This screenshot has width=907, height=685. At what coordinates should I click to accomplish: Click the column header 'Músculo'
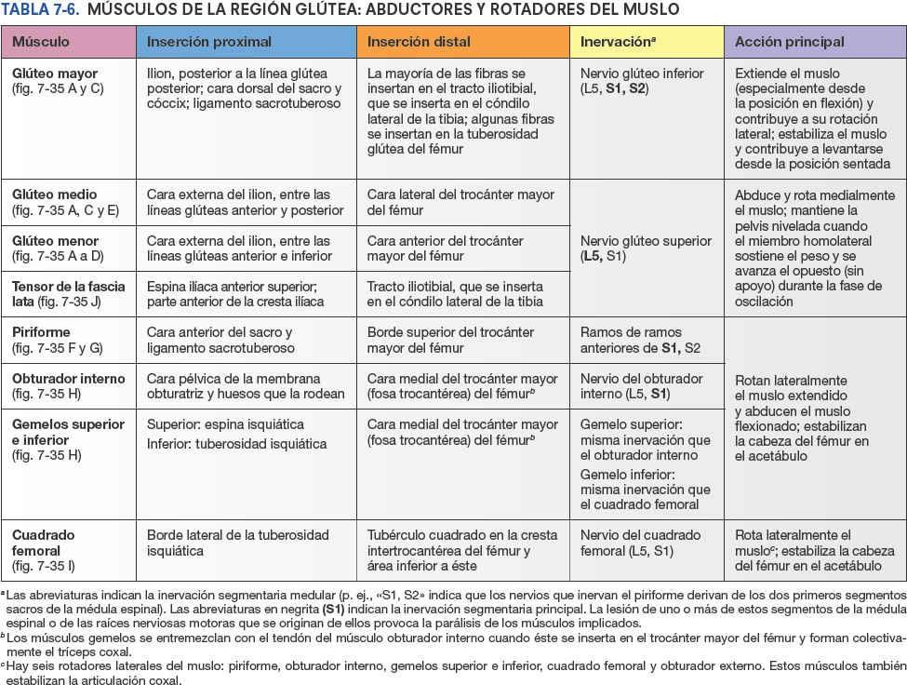tap(42, 42)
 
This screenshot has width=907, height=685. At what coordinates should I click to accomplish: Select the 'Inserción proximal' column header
tap(209, 42)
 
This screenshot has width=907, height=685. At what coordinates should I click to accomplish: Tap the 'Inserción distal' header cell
tap(419, 42)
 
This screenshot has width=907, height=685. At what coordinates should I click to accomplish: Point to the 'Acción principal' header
tap(789, 42)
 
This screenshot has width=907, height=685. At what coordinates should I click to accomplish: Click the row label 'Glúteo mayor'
tap(55, 74)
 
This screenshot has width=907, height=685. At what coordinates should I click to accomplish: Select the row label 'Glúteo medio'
tap(54, 195)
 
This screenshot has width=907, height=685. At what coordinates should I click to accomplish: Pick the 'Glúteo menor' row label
tap(55, 241)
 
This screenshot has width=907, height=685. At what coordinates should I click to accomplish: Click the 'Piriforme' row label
tap(41, 332)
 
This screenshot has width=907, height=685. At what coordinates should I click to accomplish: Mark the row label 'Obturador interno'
tap(67, 379)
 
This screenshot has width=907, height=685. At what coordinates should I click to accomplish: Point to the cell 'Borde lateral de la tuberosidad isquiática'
tap(238, 543)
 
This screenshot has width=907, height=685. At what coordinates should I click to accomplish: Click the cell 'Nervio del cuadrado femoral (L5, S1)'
tap(640, 543)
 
